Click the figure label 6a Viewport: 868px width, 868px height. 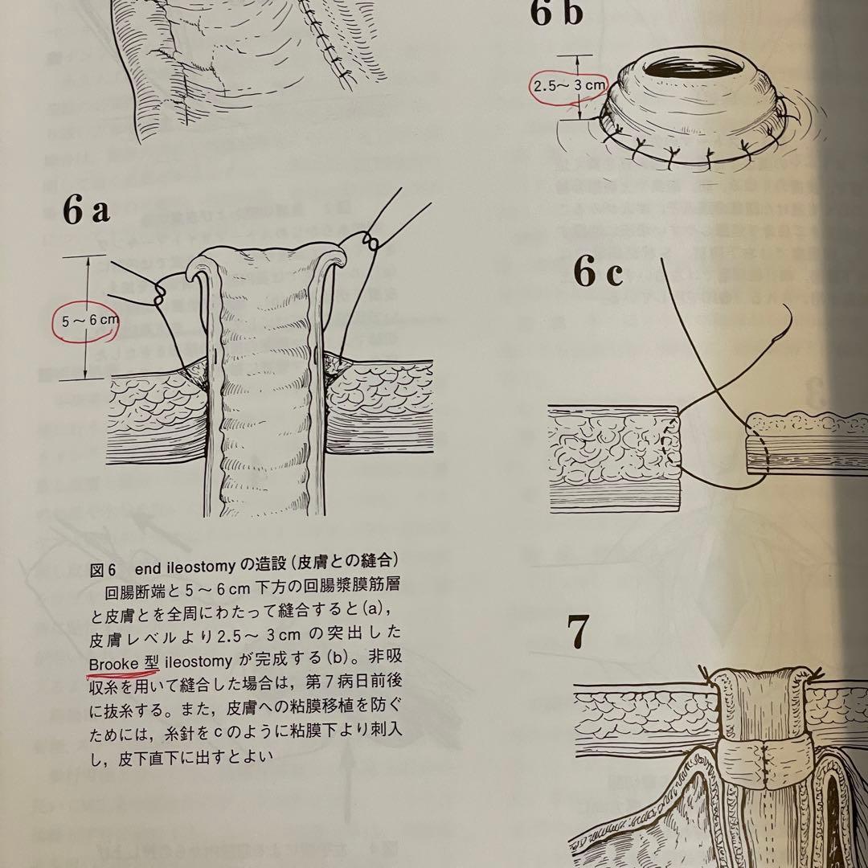point(87,211)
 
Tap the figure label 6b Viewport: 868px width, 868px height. point(555,13)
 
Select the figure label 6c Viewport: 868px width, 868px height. point(598,273)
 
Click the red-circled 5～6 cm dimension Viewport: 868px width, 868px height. point(89,319)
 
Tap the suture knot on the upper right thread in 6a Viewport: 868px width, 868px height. point(371,241)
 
